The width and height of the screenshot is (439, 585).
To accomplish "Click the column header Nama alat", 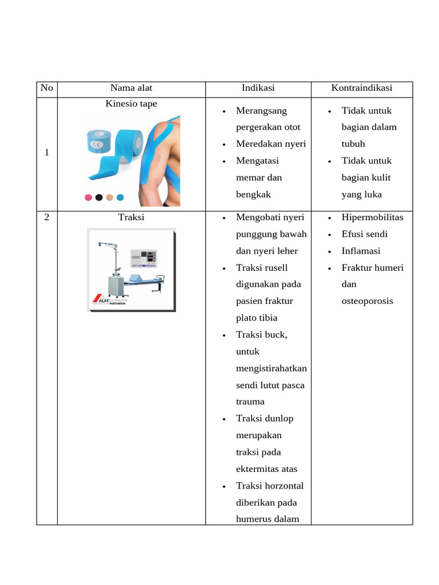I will (x=131, y=88).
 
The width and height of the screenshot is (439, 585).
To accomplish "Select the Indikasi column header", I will (x=258, y=88).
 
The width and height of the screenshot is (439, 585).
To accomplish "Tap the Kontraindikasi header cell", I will (x=361, y=88).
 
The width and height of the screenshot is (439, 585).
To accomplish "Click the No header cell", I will (x=47, y=88).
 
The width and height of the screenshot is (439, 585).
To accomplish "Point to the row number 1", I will (x=47, y=153).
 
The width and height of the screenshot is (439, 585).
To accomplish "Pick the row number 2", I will (x=47, y=218).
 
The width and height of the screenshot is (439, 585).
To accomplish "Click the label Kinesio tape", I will (x=131, y=104).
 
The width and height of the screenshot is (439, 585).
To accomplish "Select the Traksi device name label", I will (x=131, y=218).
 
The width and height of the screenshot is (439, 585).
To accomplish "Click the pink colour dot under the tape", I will (x=89, y=198).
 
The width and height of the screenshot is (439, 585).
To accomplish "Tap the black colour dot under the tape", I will (x=99, y=198).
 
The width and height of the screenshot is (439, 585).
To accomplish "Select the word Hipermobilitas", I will (x=372, y=218).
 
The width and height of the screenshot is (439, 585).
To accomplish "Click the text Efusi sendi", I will (x=364, y=234).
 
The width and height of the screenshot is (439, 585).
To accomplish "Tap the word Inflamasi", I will (x=361, y=251).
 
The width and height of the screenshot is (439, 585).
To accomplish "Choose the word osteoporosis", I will (x=367, y=301).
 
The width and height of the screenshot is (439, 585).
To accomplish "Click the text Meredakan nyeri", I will (x=270, y=144).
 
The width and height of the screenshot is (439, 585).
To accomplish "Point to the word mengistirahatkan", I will (x=271, y=368).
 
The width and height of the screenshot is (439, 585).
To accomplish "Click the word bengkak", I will (x=252, y=194).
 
